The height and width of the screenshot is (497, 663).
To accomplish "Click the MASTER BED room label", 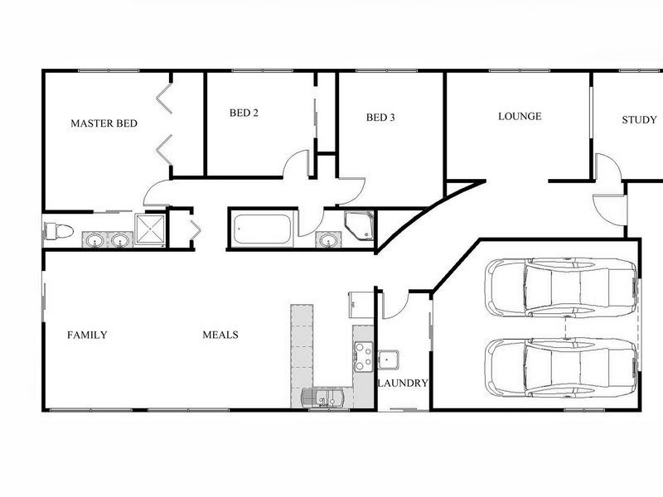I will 104,123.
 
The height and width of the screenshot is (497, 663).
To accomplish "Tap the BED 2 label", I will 244,113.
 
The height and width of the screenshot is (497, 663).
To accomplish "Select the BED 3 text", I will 380,118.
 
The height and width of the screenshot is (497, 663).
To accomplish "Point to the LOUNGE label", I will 520,116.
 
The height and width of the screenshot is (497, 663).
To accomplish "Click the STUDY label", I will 639,120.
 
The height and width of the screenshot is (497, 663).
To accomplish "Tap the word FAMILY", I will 87,335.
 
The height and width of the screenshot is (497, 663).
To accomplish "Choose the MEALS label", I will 220,335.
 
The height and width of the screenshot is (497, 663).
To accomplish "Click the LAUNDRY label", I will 403,384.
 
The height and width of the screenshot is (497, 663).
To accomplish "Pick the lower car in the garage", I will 561,366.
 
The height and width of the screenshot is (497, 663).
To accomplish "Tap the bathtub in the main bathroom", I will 262,229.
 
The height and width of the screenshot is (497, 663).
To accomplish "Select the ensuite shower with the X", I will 150,229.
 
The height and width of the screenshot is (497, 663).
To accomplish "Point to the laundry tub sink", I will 388,360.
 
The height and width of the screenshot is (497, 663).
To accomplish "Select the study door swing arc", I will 609,170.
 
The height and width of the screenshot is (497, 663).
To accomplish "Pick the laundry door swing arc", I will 393,305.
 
